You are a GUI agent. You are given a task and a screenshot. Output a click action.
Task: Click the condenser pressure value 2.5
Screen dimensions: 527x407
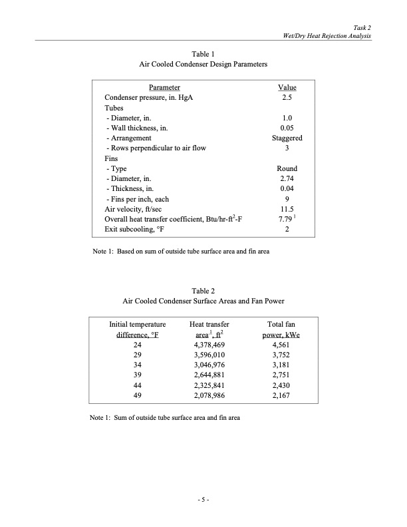click(287, 97)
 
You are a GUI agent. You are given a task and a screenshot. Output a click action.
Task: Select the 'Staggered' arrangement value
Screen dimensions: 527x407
click(287, 138)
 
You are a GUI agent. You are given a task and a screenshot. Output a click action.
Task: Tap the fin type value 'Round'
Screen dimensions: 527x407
click(287, 168)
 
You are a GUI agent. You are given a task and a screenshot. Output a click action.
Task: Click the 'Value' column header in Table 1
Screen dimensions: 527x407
click(287, 87)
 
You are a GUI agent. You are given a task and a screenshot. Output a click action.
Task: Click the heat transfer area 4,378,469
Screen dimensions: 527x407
click(209, 345)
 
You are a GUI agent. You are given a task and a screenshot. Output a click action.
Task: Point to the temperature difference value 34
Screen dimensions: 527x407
click(138, 365)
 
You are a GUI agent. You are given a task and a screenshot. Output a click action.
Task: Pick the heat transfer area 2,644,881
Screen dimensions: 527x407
click(209, 375)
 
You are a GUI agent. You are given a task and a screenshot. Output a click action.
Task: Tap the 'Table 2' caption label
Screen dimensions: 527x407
click(203, 291)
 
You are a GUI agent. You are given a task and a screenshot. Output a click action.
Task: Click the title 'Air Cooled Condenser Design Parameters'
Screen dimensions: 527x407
click(203, 65)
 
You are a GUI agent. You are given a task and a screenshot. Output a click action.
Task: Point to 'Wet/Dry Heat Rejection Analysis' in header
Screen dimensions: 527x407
click(327, 35)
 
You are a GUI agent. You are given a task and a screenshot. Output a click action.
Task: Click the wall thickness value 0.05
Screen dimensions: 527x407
click(287, 128)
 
